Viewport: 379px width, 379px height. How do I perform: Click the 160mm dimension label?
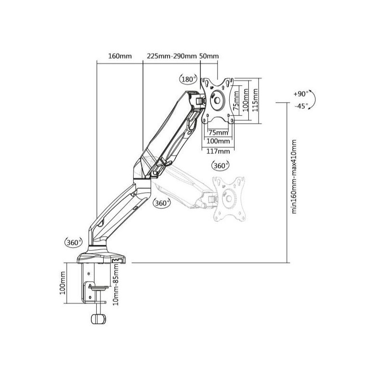pyautogui.click(x=120, y=56)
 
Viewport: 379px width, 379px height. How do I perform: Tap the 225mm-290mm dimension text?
pyautogui.click(x=171, y=56)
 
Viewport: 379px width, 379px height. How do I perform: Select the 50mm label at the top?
pyautogui.click(x=209, y=56)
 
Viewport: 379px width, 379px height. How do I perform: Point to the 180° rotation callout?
pyautogui.click(x=188, y=79)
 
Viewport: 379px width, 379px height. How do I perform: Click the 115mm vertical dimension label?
pyautogui.click(x=255, y=100)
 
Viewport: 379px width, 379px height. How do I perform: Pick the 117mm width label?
pyautogui.click(x=218, y=151)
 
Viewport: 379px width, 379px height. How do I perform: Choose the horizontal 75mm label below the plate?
pyautogui.click(x=218, y=133)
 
